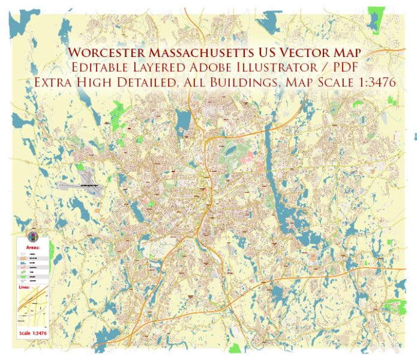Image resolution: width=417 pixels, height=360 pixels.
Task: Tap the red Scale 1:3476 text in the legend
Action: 32,332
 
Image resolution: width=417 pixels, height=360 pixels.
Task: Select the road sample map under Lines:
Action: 32,308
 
